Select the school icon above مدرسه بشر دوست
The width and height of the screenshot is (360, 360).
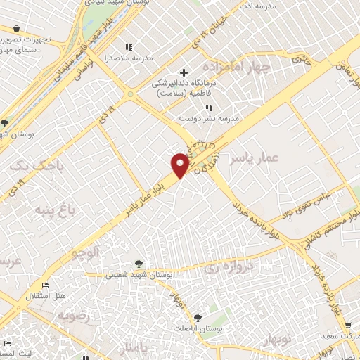tap(207, 108)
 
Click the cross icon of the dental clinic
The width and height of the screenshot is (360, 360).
tap(184, 73)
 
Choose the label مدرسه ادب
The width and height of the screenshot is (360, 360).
tap(257, 6)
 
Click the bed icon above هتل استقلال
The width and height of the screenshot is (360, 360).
tap(46, 285)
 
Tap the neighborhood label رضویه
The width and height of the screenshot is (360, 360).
tap(75, 314)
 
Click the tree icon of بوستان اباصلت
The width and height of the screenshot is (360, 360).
tap(198, 318)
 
